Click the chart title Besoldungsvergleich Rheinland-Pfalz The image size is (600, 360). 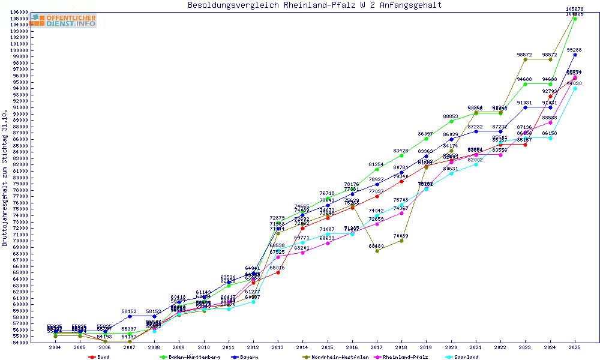[314, 5]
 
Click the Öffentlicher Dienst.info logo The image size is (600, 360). [64, 20]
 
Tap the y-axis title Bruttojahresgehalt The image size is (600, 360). [5, 178]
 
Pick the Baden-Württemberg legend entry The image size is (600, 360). [190, 357]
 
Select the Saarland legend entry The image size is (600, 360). [466, 357]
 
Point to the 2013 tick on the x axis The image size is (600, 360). [278, 347]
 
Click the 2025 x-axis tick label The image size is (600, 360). [575, 347]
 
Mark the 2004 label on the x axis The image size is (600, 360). [55, 347]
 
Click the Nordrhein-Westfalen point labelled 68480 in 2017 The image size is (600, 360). [377, 251]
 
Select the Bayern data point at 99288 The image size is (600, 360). [575, 55]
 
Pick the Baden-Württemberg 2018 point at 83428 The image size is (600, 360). [401, 155]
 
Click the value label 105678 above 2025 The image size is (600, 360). [575, 9]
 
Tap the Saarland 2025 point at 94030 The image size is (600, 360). [575, 88]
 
